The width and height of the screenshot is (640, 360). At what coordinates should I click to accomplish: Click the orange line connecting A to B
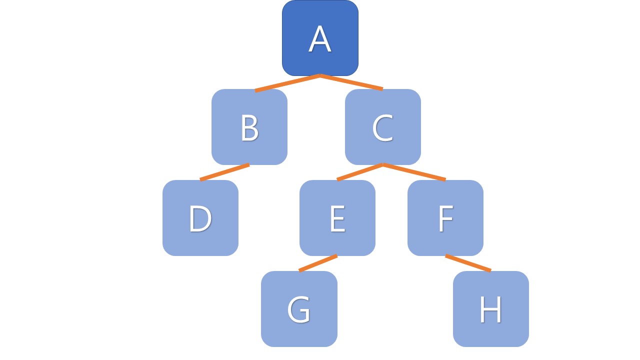[287, 83]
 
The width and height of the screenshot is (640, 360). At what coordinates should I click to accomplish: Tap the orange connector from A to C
[351, 82]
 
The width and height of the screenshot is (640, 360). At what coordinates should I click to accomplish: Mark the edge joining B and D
[225, 172]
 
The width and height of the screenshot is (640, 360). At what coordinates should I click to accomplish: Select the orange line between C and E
[360, 172]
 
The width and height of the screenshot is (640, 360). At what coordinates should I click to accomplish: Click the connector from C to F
[414, 172]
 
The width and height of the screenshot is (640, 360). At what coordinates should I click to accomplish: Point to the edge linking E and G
[318, 263]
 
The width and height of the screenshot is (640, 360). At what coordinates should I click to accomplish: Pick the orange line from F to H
[468, 263]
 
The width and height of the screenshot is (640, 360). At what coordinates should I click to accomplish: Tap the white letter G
[299, 309]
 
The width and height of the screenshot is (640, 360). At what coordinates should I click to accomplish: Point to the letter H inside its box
[490, 309]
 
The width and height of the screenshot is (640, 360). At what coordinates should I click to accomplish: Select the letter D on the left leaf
[200, 218]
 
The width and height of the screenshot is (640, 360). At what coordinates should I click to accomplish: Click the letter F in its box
[445, 218]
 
